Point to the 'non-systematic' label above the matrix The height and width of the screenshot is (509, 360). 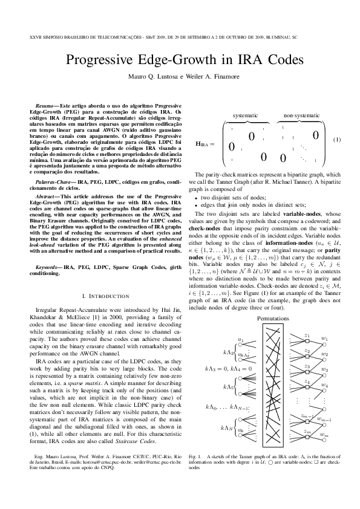tap(301, 115)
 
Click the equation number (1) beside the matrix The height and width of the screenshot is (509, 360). tap(338, 139)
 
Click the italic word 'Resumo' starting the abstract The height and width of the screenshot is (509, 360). tap(44, 106)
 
